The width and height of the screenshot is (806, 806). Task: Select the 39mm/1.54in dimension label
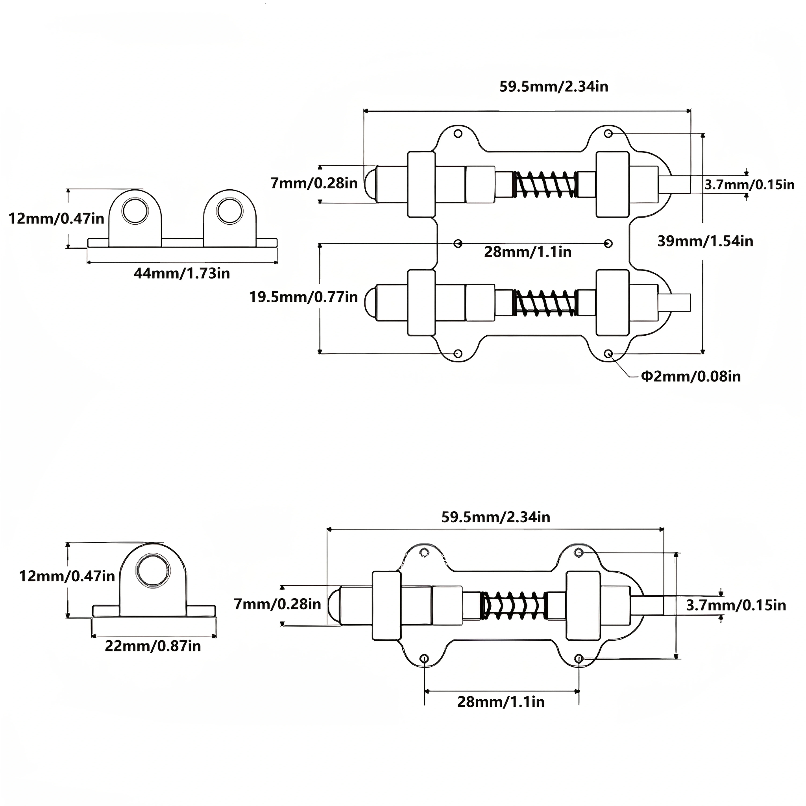(705, 241)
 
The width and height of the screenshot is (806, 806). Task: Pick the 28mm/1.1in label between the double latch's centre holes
(528, 252)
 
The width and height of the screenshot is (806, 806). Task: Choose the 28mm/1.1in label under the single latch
(501, 702)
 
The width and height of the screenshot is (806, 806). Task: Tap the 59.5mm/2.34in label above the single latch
(496, 517)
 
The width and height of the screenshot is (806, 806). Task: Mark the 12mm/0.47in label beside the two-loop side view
(56, 218)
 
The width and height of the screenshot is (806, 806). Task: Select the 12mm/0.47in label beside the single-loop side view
(67, 576)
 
